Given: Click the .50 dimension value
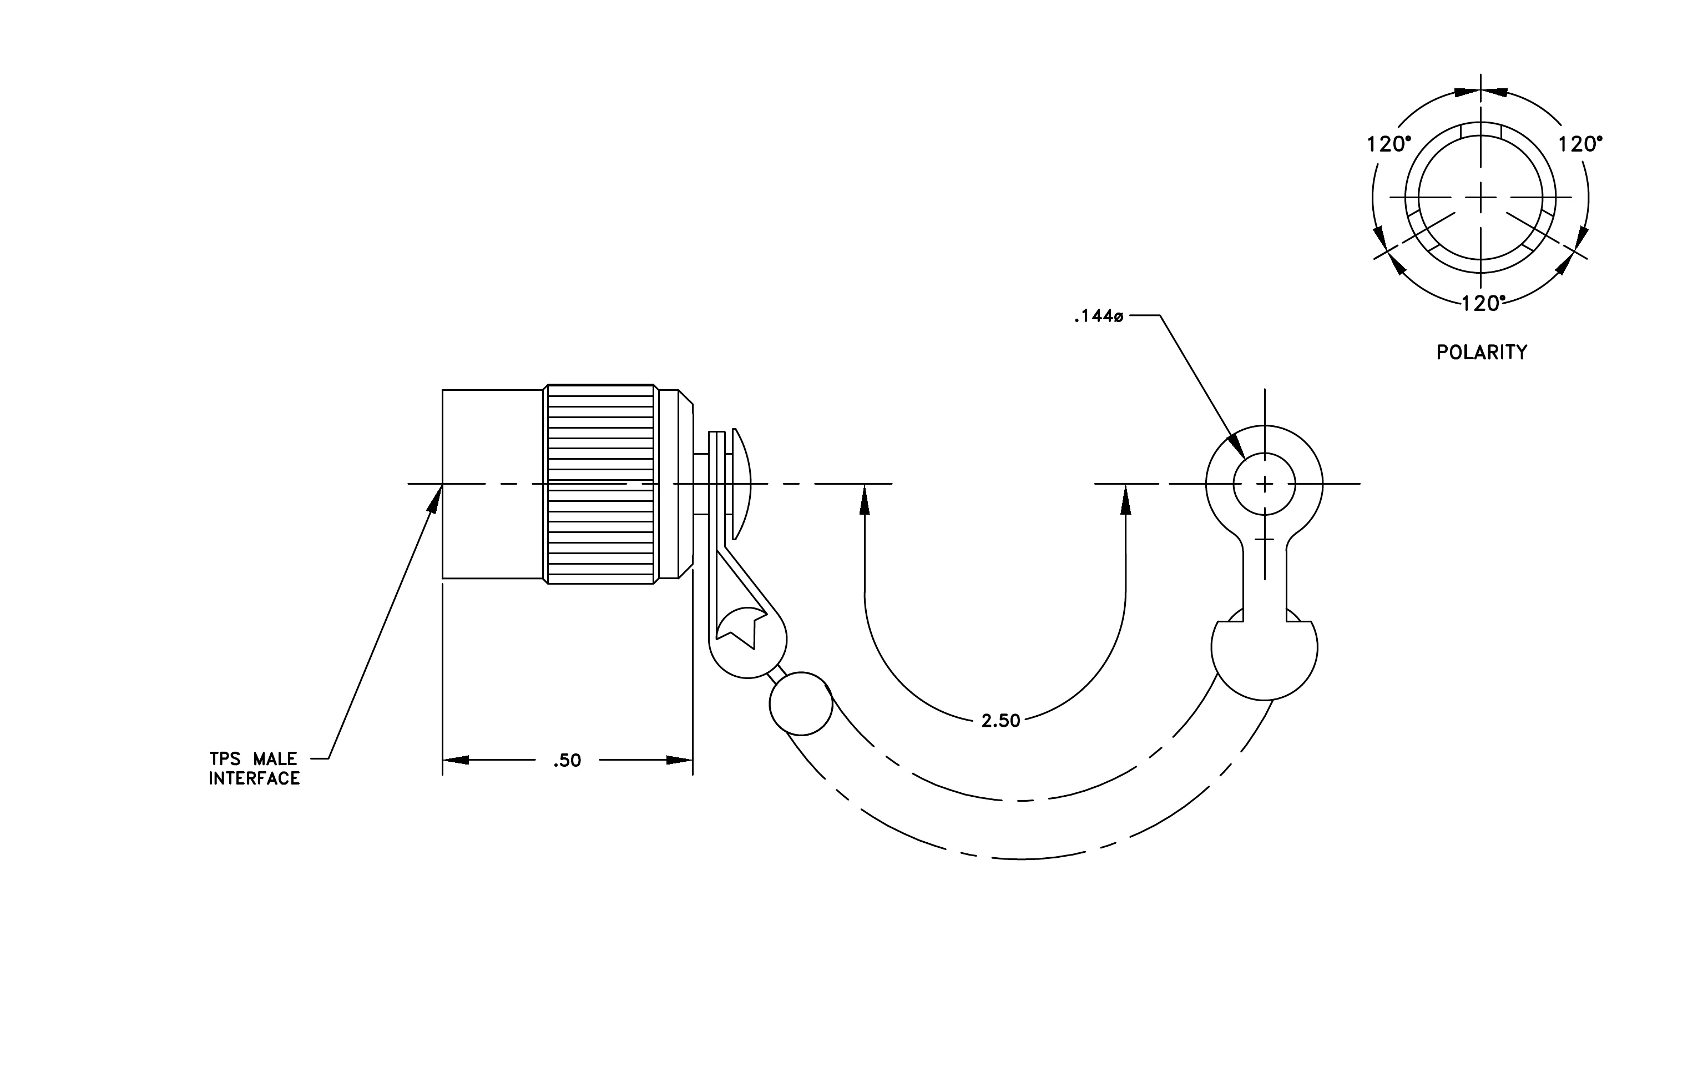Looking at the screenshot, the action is (567, 761).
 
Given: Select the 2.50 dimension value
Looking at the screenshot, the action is (1000, 721).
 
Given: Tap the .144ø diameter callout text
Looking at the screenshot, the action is (1098, 316).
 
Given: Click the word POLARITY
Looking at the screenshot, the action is (1482, 353).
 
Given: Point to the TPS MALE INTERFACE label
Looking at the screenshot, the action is (254, 768).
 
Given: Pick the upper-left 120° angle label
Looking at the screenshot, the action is (1388, 144).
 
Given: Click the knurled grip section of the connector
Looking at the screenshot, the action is (600, 484).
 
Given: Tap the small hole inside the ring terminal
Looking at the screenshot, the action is (1265, 484).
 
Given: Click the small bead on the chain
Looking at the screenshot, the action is (801, 704).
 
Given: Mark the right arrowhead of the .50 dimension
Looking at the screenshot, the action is (679, 761).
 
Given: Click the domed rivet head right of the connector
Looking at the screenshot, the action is (741, 484).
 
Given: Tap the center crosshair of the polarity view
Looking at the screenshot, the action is (1481, 197).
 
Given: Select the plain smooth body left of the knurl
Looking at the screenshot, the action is (493, 484).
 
